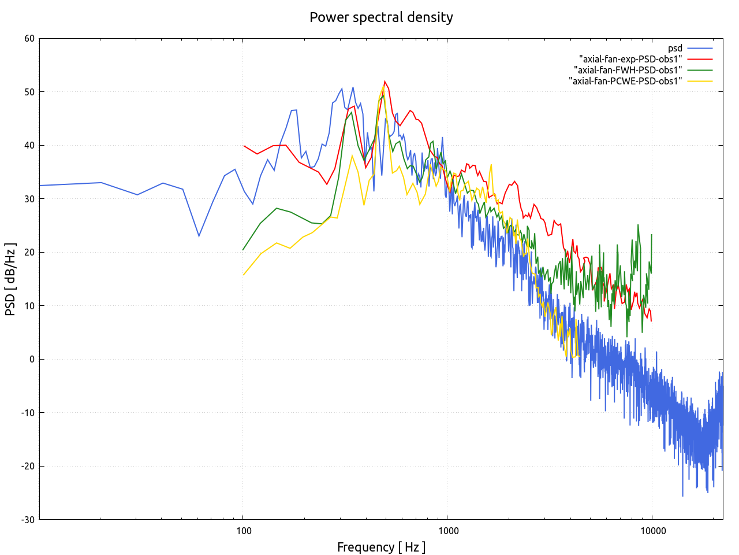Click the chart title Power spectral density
(x=381, y=17)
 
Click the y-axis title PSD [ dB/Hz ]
(x=10, y=279)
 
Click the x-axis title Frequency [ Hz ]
(x=381, y=547)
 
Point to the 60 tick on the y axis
(x=29, y=39)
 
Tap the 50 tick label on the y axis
(x=29, y=92)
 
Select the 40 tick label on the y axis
(x=29, y=146)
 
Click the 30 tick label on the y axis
(x=29, y=199)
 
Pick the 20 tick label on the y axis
(x=29, y=252)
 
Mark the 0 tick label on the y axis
(x=32, y=359)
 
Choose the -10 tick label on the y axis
(x=28, y=413)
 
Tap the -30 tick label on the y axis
(x=28, y=520)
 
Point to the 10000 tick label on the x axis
(x=652, y=531)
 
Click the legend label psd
(x=675, y=49)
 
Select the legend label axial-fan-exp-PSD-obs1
(x=630, y=59)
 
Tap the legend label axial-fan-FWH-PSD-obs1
(x=628, y=70)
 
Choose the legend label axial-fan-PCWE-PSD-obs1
(x=625, y=81)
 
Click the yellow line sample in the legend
(x=700, y=81)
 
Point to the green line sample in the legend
(x=700, y=70)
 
